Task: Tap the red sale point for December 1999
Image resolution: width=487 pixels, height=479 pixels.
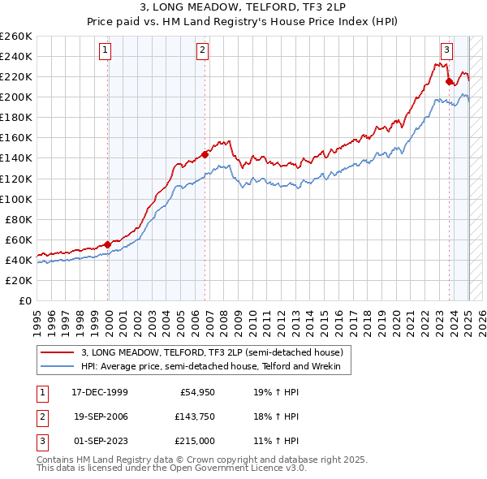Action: (x=108, y=244)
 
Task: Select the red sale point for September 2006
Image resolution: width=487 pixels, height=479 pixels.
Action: (x=205, y=153)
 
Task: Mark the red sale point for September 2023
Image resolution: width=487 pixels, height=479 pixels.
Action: (x=450, y=81)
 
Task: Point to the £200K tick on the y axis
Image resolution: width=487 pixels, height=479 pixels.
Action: (x=16, y=97)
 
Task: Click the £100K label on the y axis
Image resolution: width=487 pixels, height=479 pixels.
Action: (x=16, y=199)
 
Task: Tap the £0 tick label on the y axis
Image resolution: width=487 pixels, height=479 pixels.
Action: (x=24, y=300)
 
